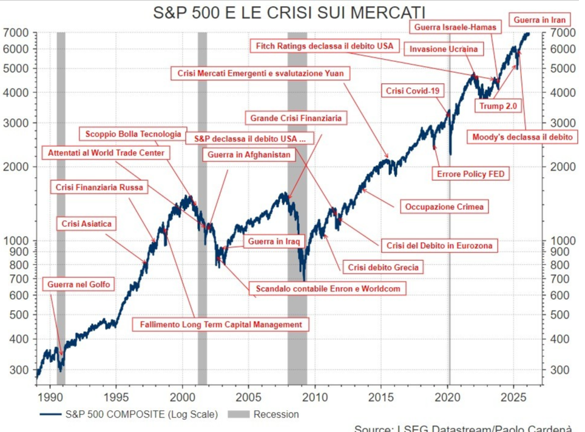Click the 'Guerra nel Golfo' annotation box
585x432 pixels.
(79, 284)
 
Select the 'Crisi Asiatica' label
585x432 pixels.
(87, 224)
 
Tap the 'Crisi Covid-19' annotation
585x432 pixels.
(413, 91)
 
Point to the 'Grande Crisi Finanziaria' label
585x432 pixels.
(296, 118)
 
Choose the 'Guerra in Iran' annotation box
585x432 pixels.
(539, 20)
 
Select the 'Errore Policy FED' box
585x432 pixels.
(471, 174)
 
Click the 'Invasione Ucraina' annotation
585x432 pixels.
(444, 49)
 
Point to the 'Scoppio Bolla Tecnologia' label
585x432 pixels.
(133, 134)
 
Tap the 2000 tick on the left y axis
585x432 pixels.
(19, 166)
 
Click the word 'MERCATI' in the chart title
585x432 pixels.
(387, 13)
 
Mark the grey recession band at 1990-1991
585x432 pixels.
(61, 206)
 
